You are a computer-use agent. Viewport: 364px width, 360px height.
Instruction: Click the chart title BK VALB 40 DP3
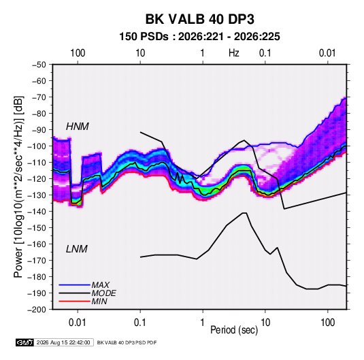199,19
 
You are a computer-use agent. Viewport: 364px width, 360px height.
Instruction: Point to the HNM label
78,127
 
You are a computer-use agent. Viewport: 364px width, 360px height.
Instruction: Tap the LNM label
77,249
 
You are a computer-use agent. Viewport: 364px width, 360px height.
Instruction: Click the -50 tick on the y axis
39,65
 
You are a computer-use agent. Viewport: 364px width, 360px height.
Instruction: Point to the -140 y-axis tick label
37,212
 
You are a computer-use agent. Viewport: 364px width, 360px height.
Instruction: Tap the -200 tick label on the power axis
37,310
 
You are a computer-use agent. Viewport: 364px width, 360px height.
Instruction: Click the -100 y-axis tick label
37,146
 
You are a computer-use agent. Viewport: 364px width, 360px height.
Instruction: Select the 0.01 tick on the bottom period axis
78,323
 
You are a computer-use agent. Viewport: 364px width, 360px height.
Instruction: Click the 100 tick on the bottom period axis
327,323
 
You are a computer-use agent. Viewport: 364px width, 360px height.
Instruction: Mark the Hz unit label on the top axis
234,53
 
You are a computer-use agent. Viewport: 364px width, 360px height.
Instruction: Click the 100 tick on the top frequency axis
78,53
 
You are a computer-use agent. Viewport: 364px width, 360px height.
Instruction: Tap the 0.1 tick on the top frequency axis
265,53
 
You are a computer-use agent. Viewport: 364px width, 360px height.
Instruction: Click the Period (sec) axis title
234,330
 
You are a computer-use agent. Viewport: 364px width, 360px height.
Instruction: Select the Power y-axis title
18,186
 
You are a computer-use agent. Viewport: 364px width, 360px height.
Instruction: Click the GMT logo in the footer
24,342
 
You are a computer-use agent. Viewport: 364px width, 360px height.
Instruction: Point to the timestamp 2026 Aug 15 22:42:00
63,342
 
